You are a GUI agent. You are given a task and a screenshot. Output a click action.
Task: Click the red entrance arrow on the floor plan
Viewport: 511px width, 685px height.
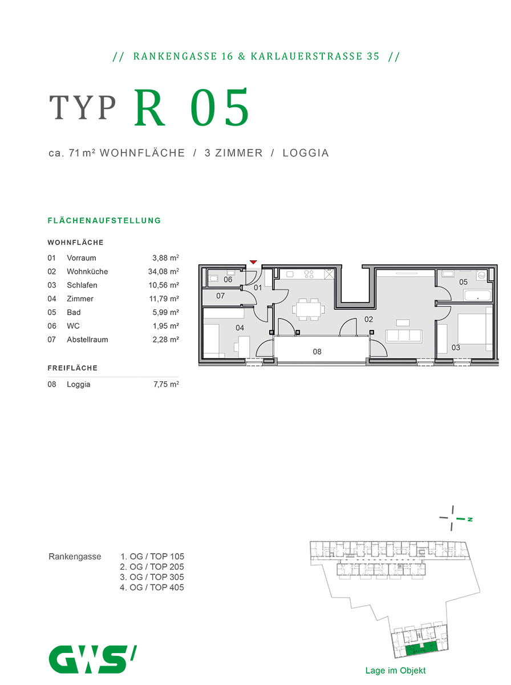pyautogui.click(x=253, y=262)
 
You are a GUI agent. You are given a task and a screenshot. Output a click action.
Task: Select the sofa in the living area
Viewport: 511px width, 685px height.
pyautogui.click(x=404, y=336)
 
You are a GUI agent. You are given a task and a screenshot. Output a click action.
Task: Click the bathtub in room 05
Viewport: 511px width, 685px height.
pyautogui.click(x=477, y=295)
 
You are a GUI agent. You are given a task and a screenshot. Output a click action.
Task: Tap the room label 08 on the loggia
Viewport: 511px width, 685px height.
pyautogui.click(x=317, y=352)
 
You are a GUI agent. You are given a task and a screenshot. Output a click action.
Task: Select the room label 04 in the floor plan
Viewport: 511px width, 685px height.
pyautogui.click(x=240, y=328)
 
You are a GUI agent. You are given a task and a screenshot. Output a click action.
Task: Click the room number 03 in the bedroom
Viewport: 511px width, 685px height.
pyautogui.click(x=456, y=347)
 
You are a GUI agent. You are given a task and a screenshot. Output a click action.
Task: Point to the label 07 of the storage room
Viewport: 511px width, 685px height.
pyautogui.click(x=220, y=296)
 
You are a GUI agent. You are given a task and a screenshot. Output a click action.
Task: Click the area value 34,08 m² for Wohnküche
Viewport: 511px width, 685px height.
pyautogui.click(x=163, y=272)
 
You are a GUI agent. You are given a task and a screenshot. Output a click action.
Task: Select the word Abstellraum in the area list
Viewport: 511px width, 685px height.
pyautogui.click(x=87, y=340)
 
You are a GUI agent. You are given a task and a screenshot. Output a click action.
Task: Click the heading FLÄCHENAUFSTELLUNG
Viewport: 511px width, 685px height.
pyautogui.click(x=104, y=220)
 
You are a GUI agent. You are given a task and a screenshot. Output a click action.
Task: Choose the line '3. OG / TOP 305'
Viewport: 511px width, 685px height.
pyautogui.click(x=152, y=577)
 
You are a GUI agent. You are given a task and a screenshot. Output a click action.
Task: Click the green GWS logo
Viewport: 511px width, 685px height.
pyautogui.click(x=92, y=659)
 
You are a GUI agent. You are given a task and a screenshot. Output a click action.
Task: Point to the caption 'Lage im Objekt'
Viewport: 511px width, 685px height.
pyautogui.click(x=395, y=671)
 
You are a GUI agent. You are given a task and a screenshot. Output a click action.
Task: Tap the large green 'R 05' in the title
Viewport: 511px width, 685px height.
pyautogui.click(x=192, y=108)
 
